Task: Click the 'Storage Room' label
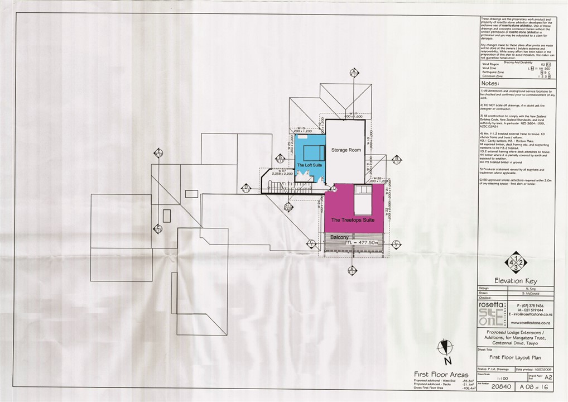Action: coord(346,150)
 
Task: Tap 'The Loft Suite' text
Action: coord(309,166)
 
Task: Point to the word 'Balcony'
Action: coord(339,237)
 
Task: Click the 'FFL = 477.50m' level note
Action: coord(362,243)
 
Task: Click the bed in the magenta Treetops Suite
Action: coord(363,196)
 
